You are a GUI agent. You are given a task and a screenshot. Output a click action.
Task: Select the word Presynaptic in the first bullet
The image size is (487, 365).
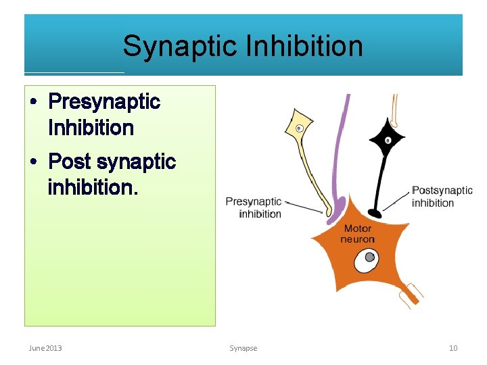[x=104, y=102]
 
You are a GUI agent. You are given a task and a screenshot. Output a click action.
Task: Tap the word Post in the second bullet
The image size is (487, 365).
[x=70, y=162]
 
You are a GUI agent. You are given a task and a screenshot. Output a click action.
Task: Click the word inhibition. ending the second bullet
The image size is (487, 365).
[x=93, y=187]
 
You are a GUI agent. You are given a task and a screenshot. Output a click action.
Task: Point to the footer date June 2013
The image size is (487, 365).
[x=45, y=348]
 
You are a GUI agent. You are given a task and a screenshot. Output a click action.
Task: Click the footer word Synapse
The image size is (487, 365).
[x=243, y=348]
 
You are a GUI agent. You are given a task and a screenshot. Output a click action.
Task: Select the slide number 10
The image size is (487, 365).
[x=453, y=348]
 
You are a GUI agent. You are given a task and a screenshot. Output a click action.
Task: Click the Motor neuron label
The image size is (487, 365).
[x=357, y=234]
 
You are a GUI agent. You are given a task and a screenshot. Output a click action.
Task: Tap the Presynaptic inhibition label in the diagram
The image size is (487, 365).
[x=254, y=208]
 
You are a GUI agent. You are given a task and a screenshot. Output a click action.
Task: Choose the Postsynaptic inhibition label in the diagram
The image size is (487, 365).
[x=442, y=197]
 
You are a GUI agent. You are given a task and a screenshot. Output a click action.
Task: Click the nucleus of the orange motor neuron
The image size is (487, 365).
[x=369, y=258]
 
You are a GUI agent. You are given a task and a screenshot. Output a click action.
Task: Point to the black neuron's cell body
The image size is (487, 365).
[x=388, y=141]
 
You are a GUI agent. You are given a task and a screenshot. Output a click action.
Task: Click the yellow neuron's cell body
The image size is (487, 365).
[x=300, y=127]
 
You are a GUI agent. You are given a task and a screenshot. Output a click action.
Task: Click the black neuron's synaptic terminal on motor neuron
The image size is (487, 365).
[x=373, y=214]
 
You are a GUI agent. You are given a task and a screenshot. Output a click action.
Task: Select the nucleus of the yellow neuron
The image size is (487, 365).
[x=299, y=128]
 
